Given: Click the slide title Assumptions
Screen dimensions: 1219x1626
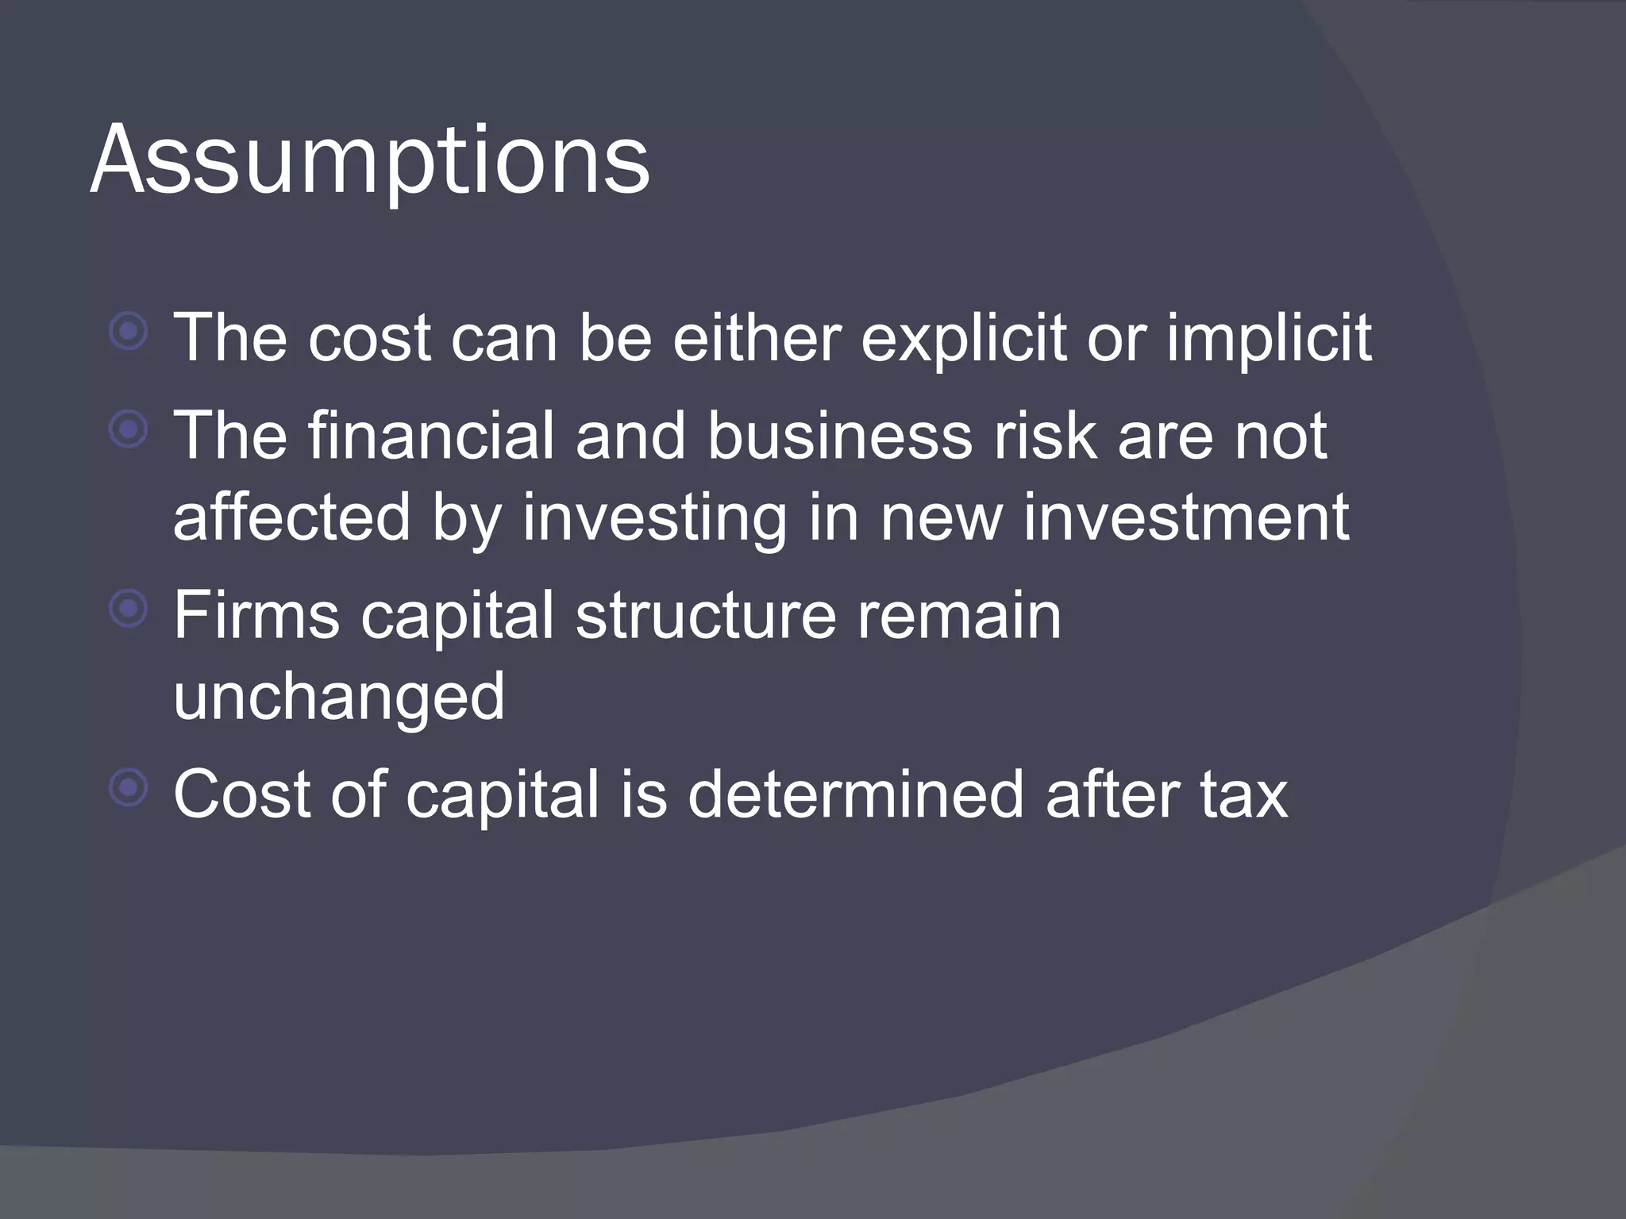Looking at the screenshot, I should (370, 160).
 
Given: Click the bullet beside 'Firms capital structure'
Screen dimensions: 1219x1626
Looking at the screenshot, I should (129, 609).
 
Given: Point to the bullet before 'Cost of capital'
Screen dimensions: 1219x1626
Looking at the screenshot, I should (129, 787).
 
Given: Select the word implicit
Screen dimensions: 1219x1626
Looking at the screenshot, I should (1268, 338).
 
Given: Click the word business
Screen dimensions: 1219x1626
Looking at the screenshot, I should (839, 436).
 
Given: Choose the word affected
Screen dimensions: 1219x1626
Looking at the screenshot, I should (291, 517).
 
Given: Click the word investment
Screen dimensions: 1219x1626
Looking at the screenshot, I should (1185, 517).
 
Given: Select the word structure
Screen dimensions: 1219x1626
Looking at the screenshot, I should (706, 616).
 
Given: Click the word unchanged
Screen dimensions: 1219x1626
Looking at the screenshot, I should (338, 697).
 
